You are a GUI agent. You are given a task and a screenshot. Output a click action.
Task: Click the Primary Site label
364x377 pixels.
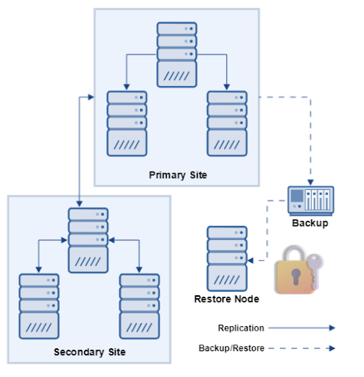click(x=178, y=175)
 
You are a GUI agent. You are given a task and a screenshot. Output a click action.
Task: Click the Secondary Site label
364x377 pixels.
click(x=90, y=352)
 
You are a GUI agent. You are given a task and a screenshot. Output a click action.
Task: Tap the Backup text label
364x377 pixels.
click(x=309, y=222)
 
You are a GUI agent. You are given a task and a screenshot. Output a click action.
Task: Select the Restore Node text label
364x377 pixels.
click(x=227, y=299)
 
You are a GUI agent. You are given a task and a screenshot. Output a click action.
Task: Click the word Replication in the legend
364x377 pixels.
click(x=241, y=328)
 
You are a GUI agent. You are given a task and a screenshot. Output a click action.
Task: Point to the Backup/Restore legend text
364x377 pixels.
click(x=231, y=348)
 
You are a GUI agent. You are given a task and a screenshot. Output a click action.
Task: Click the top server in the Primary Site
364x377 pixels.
click(x=177, y=54)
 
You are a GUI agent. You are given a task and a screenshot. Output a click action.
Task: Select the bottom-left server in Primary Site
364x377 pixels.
click(x=127, y=123)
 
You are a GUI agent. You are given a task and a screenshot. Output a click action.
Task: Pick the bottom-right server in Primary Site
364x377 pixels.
click(x=227, y=123)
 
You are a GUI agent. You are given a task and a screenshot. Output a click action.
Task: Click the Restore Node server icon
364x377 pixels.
click(x=227, y=258)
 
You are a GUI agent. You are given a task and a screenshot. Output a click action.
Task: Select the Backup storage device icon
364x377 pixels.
click(x=309, y=200)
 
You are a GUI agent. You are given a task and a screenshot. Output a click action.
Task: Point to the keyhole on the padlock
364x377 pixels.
click(x=295, y=278)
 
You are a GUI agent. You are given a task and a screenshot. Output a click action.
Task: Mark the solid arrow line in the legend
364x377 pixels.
click(x=302, y=328)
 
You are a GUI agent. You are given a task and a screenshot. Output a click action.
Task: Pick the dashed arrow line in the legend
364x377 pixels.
click(x=302, y=348)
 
